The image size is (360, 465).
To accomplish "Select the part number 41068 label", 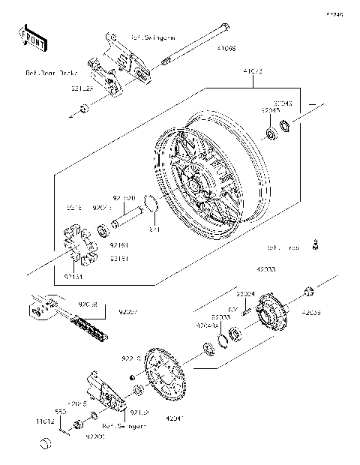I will point(227,47).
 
